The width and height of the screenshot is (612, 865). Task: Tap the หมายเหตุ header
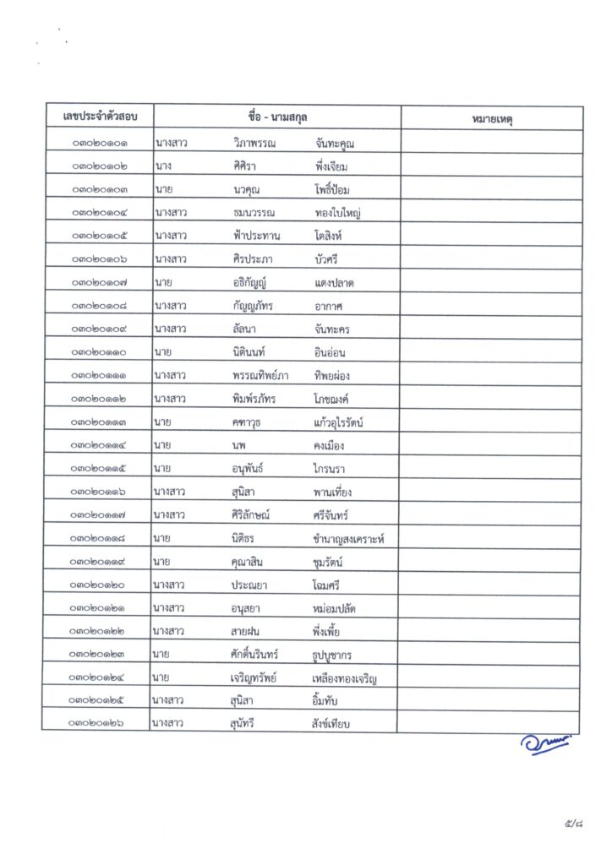click(492, 119)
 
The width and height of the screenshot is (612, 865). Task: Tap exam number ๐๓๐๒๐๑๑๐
click(100, 351)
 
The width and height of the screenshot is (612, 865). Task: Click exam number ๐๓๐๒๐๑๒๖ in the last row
click(100, 723)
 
